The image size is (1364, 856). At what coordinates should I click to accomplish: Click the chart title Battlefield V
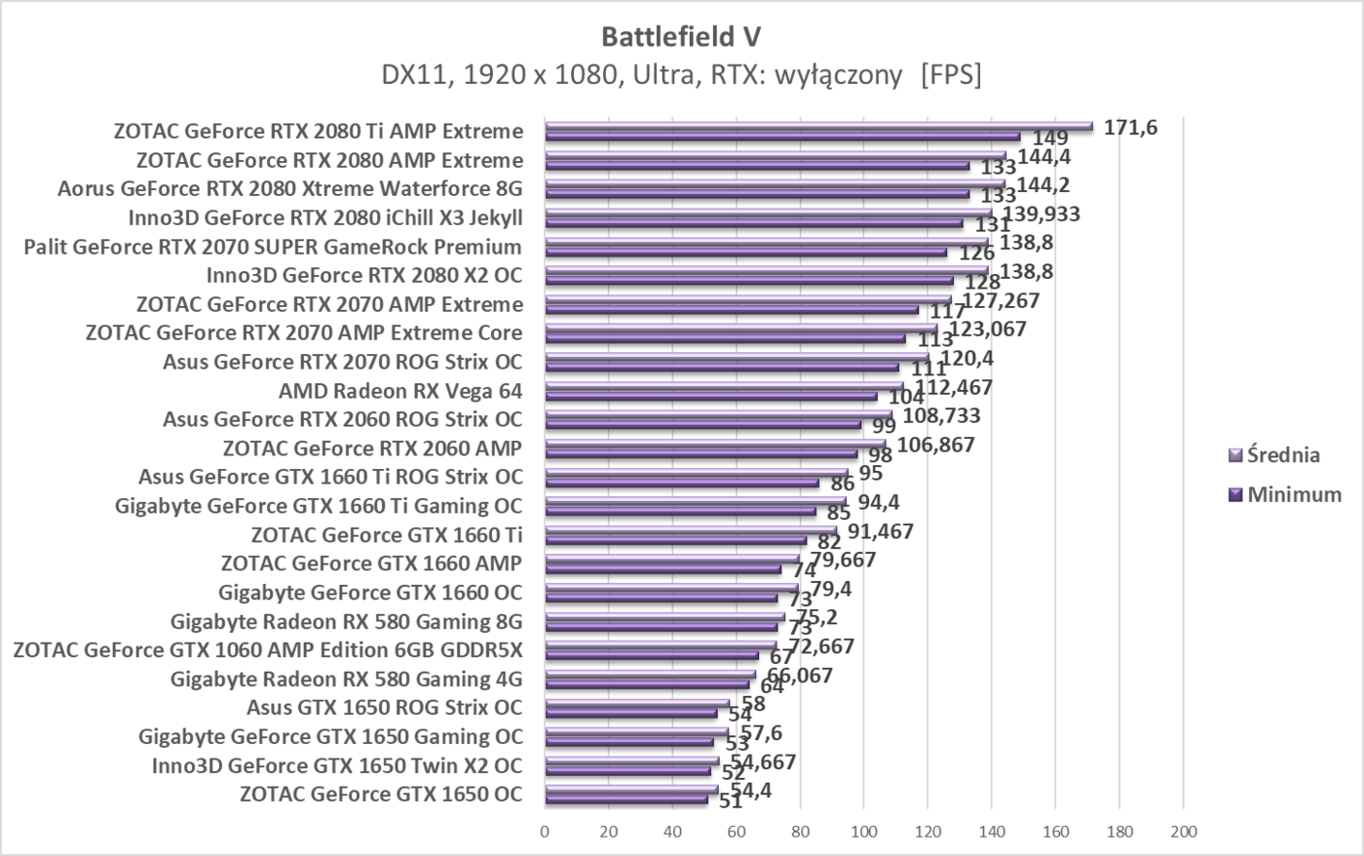681,37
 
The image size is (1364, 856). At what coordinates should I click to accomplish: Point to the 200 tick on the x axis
1183,832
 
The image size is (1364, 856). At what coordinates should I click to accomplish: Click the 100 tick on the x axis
863,832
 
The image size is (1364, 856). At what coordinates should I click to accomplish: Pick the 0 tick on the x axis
545,832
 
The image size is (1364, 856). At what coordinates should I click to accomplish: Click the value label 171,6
1130,127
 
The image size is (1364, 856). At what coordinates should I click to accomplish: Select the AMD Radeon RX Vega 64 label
399,391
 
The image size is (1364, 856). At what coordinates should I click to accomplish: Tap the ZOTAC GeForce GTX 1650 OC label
380,794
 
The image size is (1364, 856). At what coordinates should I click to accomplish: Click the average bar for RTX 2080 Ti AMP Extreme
818,126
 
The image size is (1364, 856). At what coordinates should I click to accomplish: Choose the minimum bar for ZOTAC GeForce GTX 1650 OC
626,799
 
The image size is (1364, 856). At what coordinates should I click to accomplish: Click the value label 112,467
953,387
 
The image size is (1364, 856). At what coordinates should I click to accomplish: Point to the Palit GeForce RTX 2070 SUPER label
272,247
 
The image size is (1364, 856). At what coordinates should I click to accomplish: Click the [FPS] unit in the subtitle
950,74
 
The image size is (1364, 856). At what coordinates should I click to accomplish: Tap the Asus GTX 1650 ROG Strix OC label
384,707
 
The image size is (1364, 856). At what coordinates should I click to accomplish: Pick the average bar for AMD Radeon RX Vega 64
724,386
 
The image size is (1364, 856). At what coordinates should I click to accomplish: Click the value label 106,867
935,445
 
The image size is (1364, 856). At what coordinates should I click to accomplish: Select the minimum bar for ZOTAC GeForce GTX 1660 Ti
675,539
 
